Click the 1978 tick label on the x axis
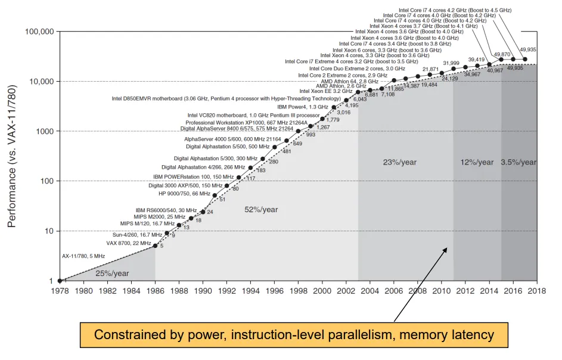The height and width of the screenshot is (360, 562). (60, 291)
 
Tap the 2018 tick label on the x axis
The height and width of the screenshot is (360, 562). (536, 291)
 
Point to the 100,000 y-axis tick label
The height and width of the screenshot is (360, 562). (39, 31)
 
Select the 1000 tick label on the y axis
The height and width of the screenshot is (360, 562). (45, 131)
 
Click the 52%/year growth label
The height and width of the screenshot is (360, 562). (261, 209)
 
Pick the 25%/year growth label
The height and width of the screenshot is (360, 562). (111, 273)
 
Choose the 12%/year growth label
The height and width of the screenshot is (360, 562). (477, 162)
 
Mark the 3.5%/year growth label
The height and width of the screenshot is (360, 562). (519, 162)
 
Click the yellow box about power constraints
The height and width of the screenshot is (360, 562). (294, 334)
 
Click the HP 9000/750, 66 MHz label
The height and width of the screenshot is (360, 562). (184, 194)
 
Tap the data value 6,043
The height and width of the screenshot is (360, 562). (360, 99)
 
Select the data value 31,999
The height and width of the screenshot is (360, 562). (451, 63)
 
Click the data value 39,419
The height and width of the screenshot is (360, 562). (476, 59)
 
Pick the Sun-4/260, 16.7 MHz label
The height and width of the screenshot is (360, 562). (138, 234)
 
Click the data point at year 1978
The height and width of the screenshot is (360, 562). (60, 281)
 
